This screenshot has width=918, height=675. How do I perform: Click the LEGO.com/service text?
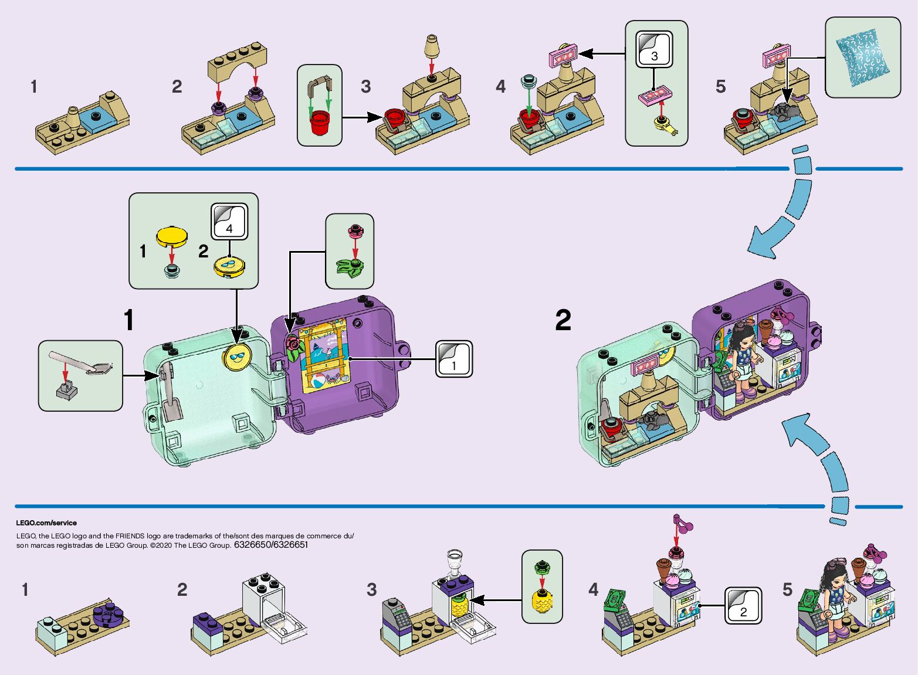coord(46,523)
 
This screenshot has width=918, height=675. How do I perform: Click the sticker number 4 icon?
coord(229,221)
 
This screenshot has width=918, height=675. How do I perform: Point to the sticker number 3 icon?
coord(655,49)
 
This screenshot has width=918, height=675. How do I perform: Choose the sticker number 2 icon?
coord(743,605)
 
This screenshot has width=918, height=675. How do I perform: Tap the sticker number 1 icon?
coord(453,359)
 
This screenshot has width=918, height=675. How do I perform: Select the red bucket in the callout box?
coord(319,122)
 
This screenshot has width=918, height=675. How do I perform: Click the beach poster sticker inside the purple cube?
coord(324,356)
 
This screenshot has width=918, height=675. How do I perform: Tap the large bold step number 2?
coord(563,320)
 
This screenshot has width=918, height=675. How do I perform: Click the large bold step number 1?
coord(128,320)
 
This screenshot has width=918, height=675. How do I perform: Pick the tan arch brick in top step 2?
coord(237,62)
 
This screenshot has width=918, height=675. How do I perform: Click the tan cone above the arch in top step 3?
coord(432,47)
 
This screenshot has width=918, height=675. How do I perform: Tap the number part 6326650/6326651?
coord(270,545)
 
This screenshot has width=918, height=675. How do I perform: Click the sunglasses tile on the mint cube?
coord(236,357)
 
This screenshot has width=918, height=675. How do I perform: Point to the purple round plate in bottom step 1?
coord(108,613)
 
